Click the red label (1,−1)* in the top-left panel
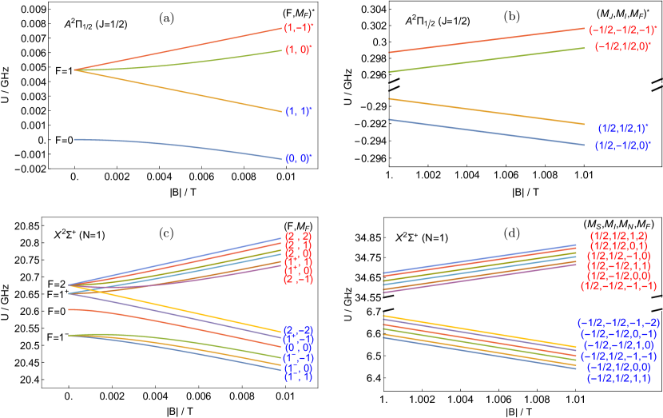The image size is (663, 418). coord(298,28)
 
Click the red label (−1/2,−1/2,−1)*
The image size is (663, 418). coord(622,30)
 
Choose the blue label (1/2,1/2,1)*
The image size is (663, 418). coord(623,127)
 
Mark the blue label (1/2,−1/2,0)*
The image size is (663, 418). coord(623,145)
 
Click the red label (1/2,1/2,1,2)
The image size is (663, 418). coord(619,237)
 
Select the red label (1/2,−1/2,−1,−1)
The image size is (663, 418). coord(619,285)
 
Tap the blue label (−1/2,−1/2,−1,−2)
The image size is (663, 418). coord(618,323)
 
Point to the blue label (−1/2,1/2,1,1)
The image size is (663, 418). coord(618,378)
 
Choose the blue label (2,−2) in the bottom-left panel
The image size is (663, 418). coord(298,330)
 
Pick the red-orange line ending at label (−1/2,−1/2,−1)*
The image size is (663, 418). coord(487,41)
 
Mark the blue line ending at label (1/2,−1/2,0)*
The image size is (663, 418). coord(487,133)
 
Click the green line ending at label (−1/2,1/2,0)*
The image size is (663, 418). coord(487,60)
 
